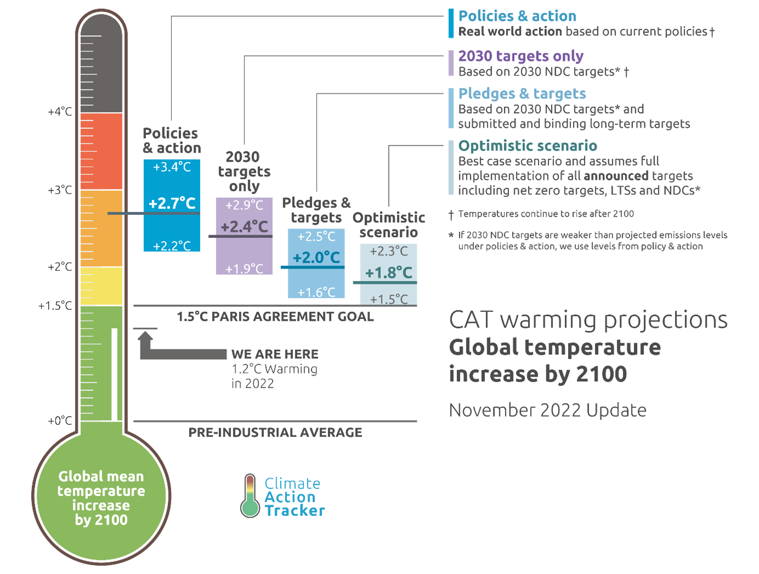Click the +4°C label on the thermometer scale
[60, 112]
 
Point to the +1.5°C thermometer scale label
[55, 306]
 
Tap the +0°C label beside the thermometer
[60, 421]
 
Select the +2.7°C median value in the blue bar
[172, 203]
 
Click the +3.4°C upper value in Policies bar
[172, 167]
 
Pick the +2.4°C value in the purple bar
[244, 226]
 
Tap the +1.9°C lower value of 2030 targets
[244, 269]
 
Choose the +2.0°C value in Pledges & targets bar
[316, 257]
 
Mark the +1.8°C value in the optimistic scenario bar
[388, 272]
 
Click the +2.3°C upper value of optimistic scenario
[388, 252]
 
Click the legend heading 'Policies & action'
[517, 16]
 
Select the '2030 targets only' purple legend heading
[520, 56]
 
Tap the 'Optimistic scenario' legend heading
[528, 146]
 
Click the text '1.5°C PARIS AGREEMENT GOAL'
[275, 317]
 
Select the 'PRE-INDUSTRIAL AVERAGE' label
[275, 433]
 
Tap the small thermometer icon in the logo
[250, 496]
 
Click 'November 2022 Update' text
[547, 410]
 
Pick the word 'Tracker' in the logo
[294, 511]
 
